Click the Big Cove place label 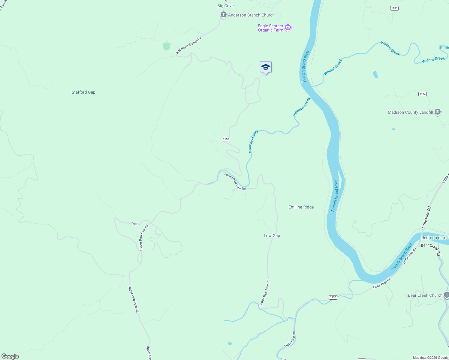(x=225, y=6)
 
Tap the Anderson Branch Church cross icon (x=223, y=15)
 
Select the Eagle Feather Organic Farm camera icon (x=288, y=28)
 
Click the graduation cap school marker (x=266, y=67)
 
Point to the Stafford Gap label (x=83, y=92)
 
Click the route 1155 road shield (x=226, y=139)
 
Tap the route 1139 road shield (x=394, y=8)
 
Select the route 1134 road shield (x=423, y=94)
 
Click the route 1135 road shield (x=333, y=297)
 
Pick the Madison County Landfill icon (x=438, y=112)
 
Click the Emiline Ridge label (x=301, y=207)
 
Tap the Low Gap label (x=272, y=235)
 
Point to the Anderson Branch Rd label (x=189, y=45)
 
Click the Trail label (x=134, y=223)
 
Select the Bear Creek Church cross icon (x=446, y=295)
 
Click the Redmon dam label (x=435, y=238)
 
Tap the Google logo (x=10, y=356)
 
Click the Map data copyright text (x=430, y=358)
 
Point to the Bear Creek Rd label (x=430, y=249)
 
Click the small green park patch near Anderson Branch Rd (x=167, y=46)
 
